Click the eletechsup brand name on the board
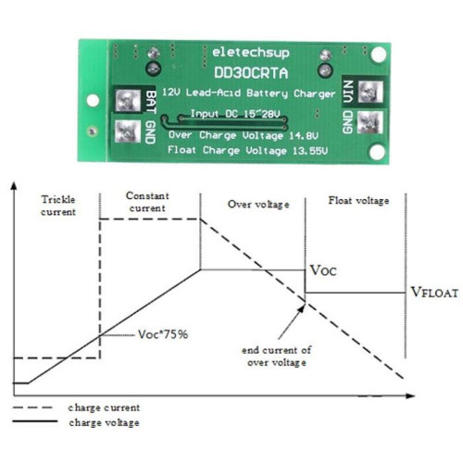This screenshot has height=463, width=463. [251, 53]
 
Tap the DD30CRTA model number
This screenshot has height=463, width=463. [251, 73]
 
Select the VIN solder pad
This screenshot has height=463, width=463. [370, 92]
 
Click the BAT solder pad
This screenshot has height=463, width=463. [128, 101]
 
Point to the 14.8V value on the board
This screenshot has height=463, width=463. [304, 135]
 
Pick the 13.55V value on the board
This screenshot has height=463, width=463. [310, 151]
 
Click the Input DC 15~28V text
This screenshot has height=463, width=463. [235, 114]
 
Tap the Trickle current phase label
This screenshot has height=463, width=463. [58, 206]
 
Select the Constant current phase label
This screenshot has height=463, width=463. [147, 202]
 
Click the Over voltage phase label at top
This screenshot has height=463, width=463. [258, 205]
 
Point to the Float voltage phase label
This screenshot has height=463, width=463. [358, 201]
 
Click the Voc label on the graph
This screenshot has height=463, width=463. [323, 270]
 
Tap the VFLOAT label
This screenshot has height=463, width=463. [434, 293]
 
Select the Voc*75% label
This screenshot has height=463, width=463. [163, 334]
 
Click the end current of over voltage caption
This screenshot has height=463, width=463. [277, 357]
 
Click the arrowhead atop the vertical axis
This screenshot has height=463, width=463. [14, 186]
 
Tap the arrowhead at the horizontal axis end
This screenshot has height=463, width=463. [410, 395]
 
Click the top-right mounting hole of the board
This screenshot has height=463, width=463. [379, 55]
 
